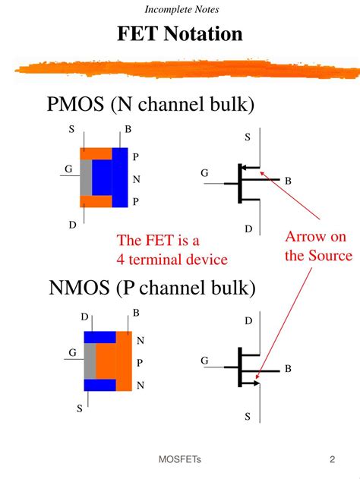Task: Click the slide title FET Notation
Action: coord(180,34)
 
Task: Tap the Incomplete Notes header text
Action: coord(180,9)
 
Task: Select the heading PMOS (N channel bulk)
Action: coord(150,103)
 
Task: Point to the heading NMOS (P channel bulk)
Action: coord(153,288)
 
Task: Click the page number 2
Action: coord(333,459)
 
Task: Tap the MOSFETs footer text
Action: coord(180,459)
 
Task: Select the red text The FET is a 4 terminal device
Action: coord(172,250)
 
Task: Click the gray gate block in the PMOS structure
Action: coord(86,178)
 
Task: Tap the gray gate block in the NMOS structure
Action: coord(90,363)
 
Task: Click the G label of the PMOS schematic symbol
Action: coord(204,174)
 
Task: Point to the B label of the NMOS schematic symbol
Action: coord(288,369)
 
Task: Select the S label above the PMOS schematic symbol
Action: coord(247,137)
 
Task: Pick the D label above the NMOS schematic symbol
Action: coord(248,322)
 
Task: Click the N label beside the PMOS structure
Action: coord(136,180)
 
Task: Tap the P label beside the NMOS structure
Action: coord(140,363)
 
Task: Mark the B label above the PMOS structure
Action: coord(128,129)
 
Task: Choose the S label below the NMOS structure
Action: coord(79,408)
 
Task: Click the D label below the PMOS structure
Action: coord(72,225)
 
